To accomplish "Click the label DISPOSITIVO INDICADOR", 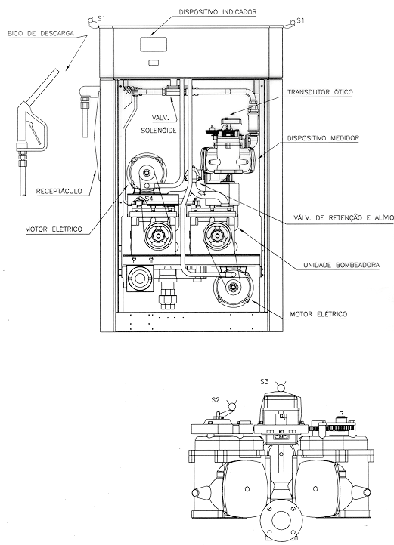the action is pyautogui.click(x=218, y=12).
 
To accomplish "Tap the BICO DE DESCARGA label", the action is pyautogui.click(x=41, y=34).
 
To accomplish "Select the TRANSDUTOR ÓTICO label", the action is pyautogui.click(x=320, y=92).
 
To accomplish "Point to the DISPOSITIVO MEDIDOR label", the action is pyautogui.click(x=323, y=138).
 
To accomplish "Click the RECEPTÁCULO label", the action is pyautogui.click(x=59, y=191).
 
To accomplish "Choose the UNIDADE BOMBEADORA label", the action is pyautogui.click(x=341, y=265).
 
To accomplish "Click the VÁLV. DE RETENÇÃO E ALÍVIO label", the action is pyautogui.click(x=343, y=218).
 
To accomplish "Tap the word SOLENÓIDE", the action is pyautogui.click(x=159, y=131).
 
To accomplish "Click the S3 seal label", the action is pyautogui.click(x=265, y=382).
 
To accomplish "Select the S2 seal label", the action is pyautogui.click(x=216, y=400).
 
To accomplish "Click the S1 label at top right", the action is pyautogui.click(x=300, y=20).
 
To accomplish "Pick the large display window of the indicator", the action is pyautogui.click(x=154, y=45).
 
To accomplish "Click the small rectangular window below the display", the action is pyautogui.click(x=154, y=63).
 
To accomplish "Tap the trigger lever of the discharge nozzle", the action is pyautogui.click(x=36, y=133).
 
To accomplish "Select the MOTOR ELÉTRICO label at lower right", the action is pyautogui.click(x=318, y=314).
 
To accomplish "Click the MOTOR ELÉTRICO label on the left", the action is pyautogui.click(x=54, y=229).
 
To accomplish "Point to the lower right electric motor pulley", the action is pyautogui.click(x=233, y=287).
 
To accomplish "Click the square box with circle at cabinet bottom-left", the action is pyautogui.click(x=139, y=279).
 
